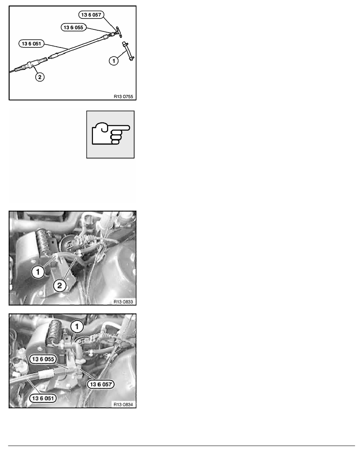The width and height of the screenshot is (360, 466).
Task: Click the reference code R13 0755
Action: coord(123,96)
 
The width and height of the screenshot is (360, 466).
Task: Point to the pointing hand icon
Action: coord(110,135)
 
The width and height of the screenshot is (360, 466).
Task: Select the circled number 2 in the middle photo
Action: coord(60,286)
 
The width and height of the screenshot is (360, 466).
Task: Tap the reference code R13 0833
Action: coord(123,302)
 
